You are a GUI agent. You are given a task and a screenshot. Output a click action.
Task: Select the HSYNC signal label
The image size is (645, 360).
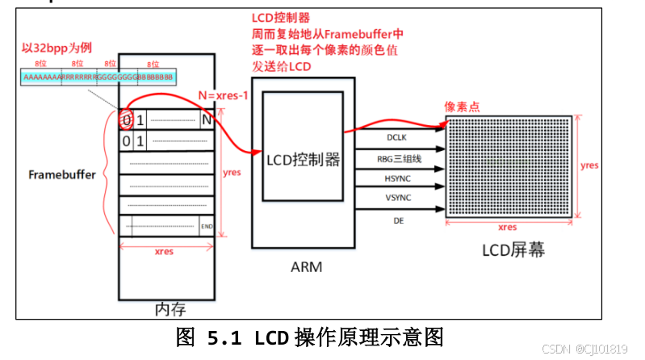click(396, 178)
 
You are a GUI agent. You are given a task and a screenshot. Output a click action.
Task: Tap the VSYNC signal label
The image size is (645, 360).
click(396, 198)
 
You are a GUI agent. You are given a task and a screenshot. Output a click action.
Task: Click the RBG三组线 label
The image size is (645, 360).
click(396, 158)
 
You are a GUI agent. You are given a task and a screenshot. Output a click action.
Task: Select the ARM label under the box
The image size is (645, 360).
click(306, 266)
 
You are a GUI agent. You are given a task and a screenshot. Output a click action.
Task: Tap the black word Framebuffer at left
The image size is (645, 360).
click(62, 174)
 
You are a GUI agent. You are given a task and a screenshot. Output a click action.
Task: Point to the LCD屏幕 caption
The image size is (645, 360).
click(515, 250)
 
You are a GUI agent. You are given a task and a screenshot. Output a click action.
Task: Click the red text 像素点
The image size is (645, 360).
click(462, 107)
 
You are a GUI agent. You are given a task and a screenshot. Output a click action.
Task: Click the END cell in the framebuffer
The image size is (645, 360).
click(207, 227)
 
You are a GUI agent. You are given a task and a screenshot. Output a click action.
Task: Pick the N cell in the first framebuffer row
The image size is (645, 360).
click(207, 120)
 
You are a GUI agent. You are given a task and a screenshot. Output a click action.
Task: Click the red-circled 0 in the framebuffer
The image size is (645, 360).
click(126, 120)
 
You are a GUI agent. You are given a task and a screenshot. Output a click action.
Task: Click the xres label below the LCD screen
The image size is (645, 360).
click(507, 229)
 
